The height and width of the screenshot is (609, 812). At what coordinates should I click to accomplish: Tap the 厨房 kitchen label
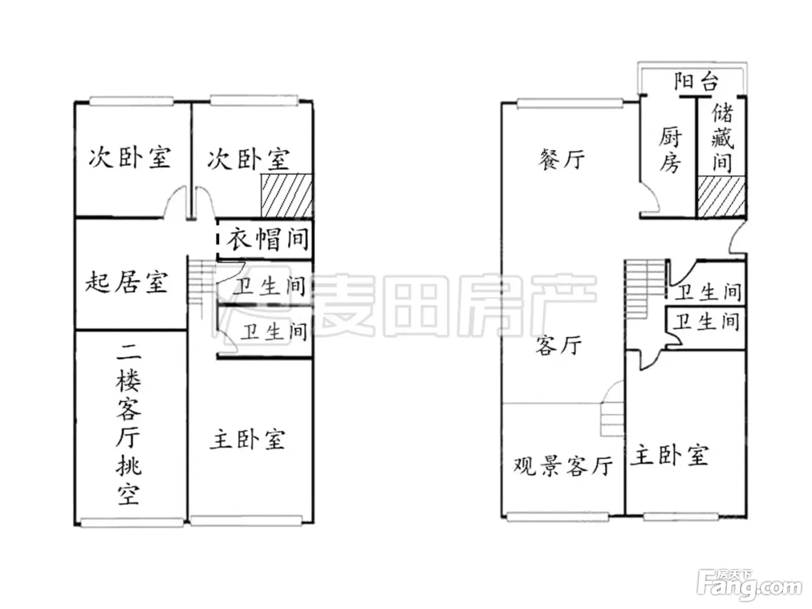[669, 149]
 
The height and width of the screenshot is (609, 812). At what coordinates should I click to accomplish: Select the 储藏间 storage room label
[722, 137]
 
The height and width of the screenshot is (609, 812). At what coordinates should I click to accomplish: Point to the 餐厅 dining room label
[561, 159]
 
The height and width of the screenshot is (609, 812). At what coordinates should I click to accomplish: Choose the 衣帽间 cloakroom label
[267, 239]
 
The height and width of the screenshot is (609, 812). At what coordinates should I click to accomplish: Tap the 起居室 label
[126, 282]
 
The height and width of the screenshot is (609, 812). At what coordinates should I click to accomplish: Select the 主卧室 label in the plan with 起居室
[247, 439]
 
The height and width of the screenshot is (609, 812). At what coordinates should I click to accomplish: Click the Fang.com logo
[750, 585]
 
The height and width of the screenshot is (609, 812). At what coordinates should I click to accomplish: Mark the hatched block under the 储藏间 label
[720, 197]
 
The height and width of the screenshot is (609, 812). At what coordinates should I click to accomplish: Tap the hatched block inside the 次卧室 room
[287, 195]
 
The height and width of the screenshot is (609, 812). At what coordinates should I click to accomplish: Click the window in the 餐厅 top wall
[570, 103]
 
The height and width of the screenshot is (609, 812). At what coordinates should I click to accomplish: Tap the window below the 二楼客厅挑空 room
[132, 522]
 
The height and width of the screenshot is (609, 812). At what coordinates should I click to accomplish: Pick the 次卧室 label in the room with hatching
[249, 159]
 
